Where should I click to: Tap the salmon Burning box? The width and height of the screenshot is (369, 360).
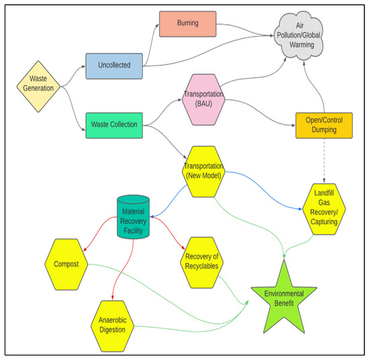point(187,23)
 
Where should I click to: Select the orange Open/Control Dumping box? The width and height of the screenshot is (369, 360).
point(323,125)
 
